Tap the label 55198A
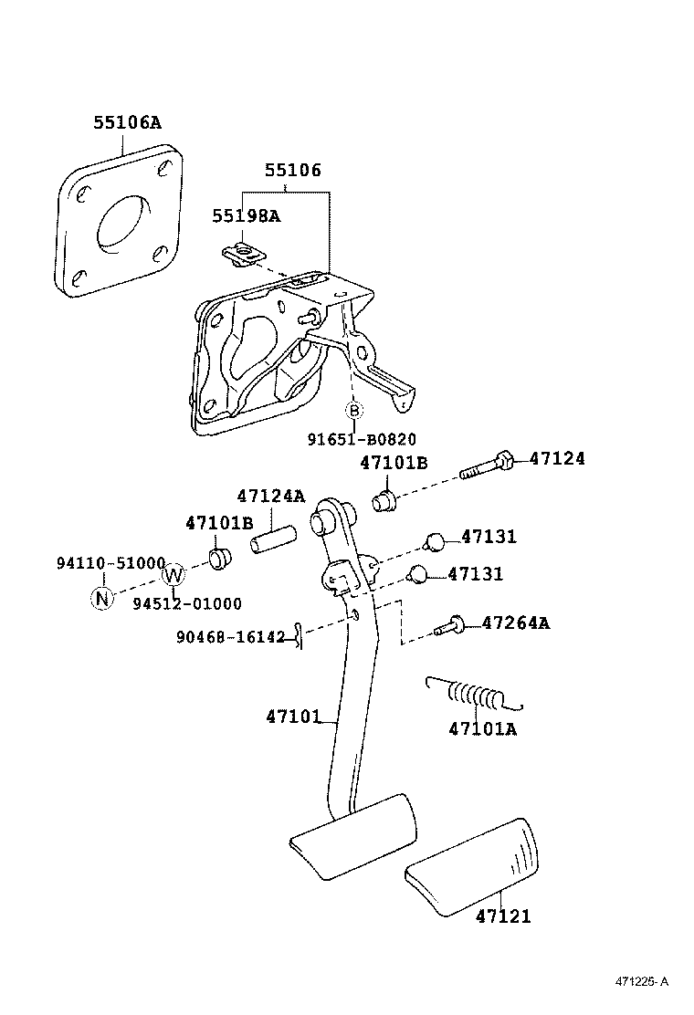coord(247,216)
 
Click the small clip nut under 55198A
coord(242,254)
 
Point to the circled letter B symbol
coord(354,411)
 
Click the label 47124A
coord(271,497)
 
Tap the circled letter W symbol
coord(173,574)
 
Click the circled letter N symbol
coord(102,598)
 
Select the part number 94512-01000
coord(187,603)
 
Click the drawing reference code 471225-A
coord(641,981)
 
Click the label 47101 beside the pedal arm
coord(293,717)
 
